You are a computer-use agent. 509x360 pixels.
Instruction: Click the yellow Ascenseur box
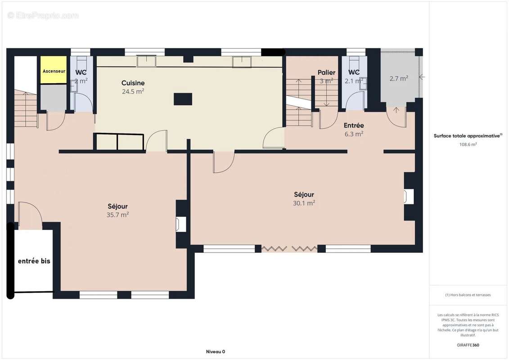coord(54,70)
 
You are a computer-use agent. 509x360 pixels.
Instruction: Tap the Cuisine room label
coord(133,83)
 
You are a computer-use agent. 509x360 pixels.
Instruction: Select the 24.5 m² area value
coord(133,91)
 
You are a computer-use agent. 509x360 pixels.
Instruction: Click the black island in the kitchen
coord(183,99)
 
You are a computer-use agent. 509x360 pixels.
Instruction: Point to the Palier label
coord(327,72)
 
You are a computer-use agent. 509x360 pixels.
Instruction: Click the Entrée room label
coord(354,125)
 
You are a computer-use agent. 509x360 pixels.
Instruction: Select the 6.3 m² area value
coord(354,134)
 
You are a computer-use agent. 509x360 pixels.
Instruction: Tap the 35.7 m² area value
coord(117,215)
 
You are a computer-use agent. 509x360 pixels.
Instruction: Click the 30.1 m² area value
coord(304,203)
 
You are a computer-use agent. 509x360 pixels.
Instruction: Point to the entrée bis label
coord(34,261)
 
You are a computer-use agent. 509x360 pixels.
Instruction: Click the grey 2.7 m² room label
coord(399,79)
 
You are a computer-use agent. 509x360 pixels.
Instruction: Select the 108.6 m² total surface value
coord(468,144)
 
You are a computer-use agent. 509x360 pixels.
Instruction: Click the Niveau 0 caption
coord(216,351)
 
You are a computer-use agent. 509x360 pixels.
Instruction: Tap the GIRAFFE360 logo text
coord(468,345)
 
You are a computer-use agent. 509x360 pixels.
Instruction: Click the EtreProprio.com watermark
coord(43,15)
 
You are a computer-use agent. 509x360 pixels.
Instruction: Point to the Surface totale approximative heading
coord(468,136)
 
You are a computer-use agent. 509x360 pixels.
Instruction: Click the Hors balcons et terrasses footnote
coord(468,295)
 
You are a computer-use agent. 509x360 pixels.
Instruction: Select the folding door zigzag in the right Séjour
coord(289,249)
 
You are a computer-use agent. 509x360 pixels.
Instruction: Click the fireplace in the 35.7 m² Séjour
coord(181,224)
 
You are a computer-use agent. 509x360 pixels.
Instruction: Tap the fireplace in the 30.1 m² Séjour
coord(409,196)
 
